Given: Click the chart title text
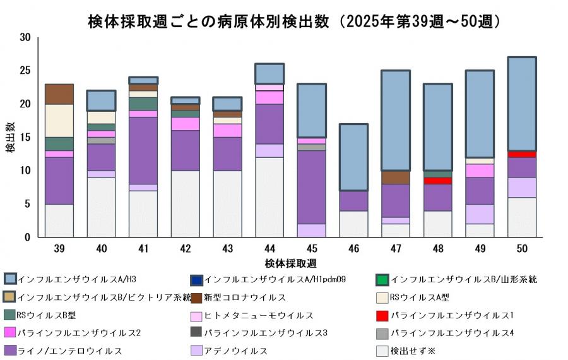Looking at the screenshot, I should pos(295,21).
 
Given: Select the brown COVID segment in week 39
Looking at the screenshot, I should pos(59,94).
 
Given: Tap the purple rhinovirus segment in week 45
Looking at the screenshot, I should pos(312,187).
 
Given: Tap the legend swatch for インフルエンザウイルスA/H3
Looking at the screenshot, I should pos(10,279).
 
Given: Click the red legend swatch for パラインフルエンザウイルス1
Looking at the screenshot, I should pos(382,315).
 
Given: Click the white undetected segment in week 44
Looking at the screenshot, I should pos(269,197).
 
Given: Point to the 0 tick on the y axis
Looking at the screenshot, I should pos(28,237).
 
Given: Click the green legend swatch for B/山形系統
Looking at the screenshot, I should pos(382,279).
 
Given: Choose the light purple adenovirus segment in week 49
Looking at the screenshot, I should pos(480,214).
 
